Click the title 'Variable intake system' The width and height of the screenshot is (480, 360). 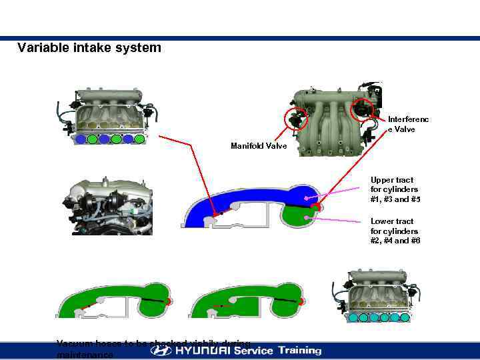pos(89,48)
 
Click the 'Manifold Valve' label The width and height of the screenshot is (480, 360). pos(259,145)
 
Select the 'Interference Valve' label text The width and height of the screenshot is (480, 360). pos(408,125)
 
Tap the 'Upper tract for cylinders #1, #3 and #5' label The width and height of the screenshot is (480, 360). pos(395,189)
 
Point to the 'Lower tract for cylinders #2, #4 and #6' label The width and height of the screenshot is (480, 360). pos(395,231)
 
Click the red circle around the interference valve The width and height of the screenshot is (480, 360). pos(363,107)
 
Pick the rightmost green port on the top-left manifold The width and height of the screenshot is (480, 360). pos(139,139)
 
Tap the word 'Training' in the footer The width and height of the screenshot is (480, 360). pos(299,350)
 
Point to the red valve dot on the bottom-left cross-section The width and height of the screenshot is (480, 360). pos(169,301)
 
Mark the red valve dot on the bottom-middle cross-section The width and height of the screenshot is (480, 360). pos(302,301)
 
